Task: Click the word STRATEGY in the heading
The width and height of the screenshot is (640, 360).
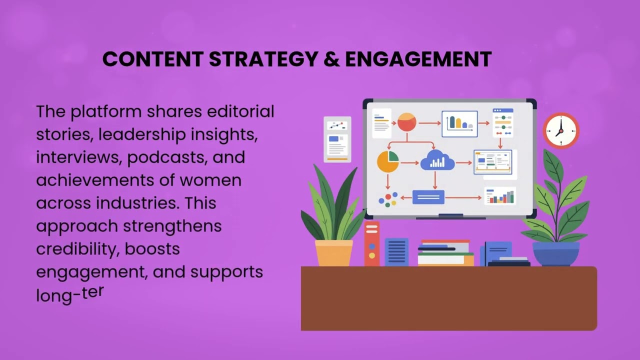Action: (x=263, y=59)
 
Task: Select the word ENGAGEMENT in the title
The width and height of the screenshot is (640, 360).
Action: (x=418, y=59)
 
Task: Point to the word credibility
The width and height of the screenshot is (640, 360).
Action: (x=76, y=249)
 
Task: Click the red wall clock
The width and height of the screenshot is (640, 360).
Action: (x=560, y=130)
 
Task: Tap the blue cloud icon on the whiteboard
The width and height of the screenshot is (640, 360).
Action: (x=437, y=161)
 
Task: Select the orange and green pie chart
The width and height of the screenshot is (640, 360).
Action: (x=387, y=161)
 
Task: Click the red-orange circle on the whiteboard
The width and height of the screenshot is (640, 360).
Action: (x=406, y=122)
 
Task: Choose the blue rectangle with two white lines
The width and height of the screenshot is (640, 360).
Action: (x=428, y=197)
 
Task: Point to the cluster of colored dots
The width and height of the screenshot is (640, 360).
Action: (x=388, y=199)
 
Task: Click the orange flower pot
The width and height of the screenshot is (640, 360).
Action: (x=333, y=252)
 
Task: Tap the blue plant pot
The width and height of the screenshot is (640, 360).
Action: (x=556, y=253)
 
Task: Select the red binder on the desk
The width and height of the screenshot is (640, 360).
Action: (x=371, y=244)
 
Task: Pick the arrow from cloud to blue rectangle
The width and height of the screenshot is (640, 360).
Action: (x=434, y=179)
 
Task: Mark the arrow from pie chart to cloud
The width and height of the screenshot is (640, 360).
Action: (x=409, y=163)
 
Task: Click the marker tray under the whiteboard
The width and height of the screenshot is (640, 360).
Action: (x=450, y=217)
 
